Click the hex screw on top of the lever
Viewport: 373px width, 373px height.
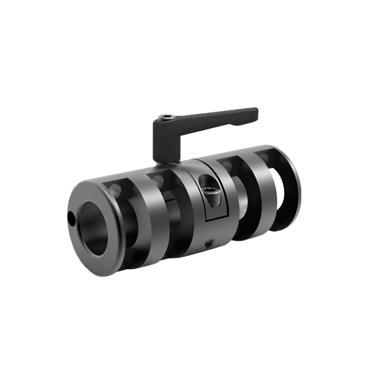point(166,118)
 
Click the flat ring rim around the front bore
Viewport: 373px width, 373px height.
point(82,242)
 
